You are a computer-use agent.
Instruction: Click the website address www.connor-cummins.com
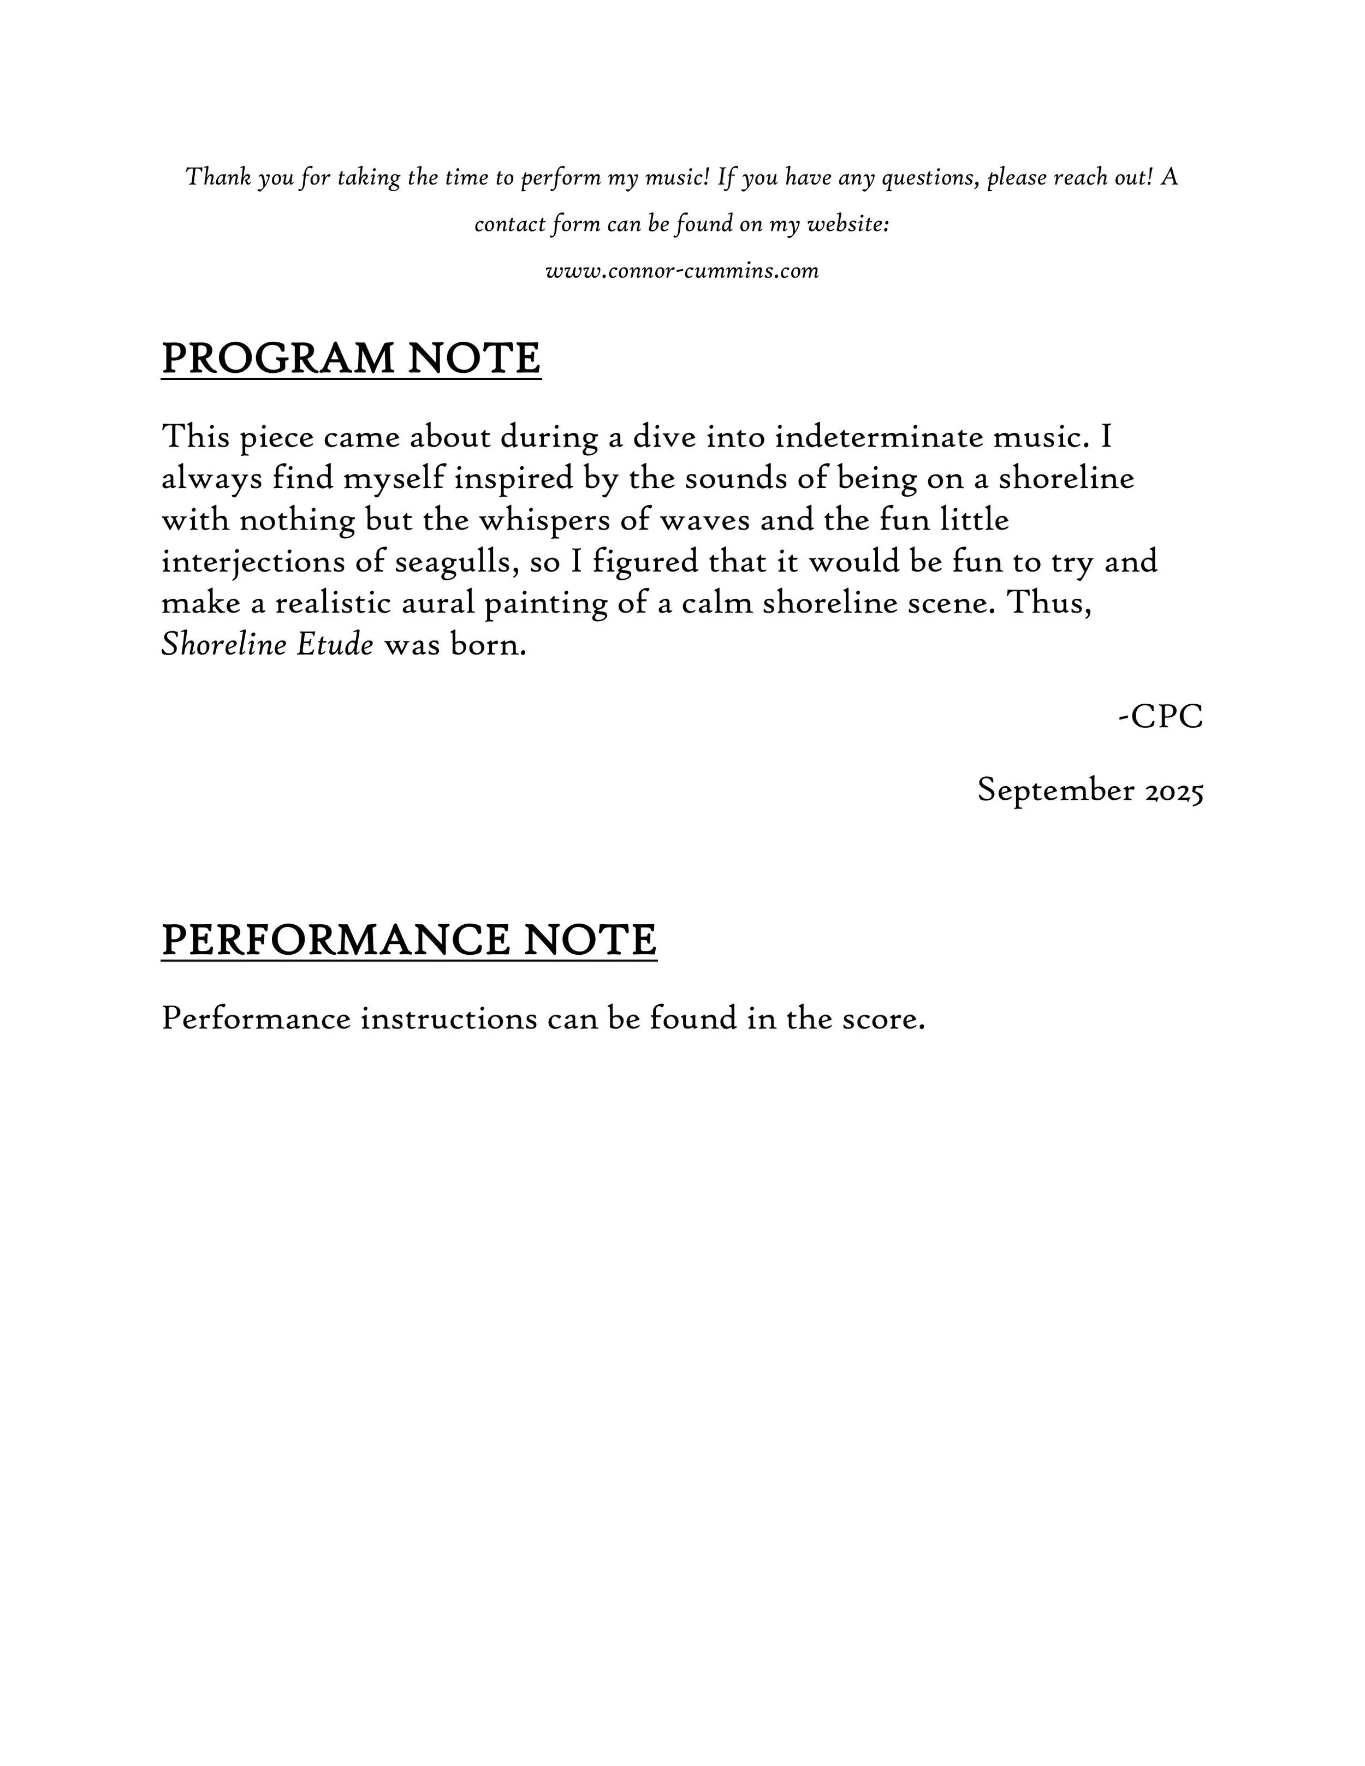tap(682, 271)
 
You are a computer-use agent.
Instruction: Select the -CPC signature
tap(1161, 716)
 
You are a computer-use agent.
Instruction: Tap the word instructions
tap(449, 1019)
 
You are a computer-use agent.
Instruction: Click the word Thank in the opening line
tap(218, 177)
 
